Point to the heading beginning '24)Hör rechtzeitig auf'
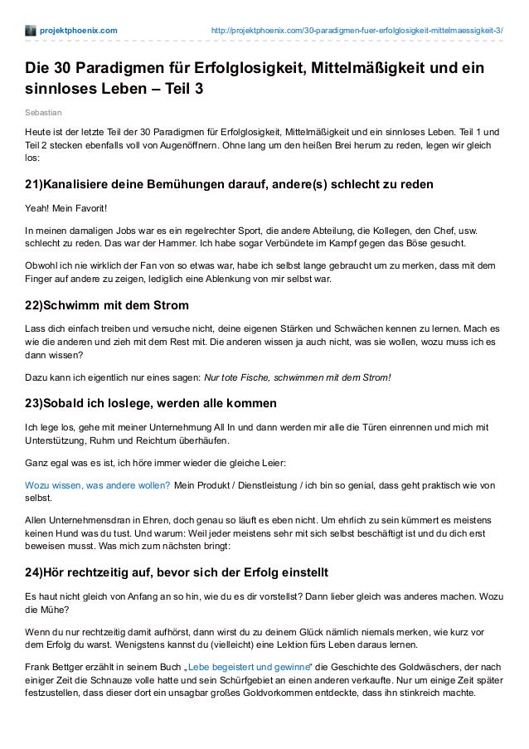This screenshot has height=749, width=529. pos(177,572)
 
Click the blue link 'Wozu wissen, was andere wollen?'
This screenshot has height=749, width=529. pos(98,484)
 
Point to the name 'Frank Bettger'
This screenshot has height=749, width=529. pos(60,668)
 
